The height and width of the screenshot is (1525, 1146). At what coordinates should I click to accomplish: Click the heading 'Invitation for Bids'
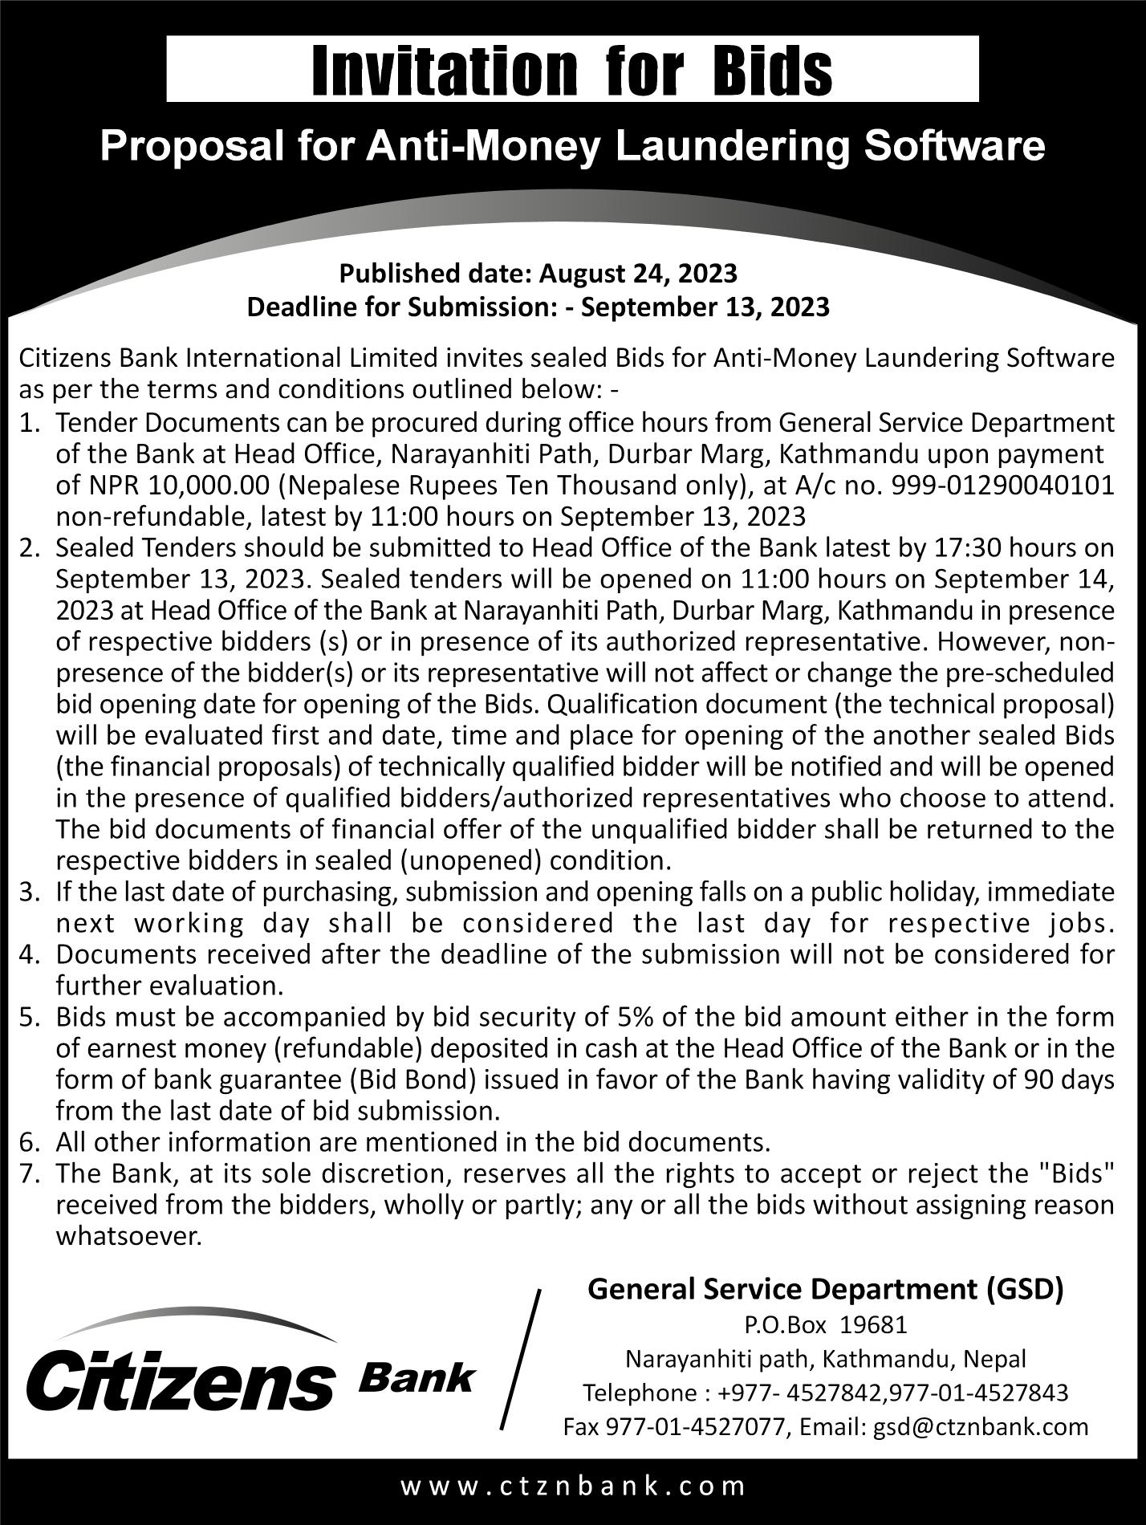coord(572,70)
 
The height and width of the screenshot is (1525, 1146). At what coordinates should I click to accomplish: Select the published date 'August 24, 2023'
coord(638,274)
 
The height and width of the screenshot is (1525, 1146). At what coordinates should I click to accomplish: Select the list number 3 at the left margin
coord(29,892)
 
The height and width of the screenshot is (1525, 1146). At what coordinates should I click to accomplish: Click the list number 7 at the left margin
coord(29,1173)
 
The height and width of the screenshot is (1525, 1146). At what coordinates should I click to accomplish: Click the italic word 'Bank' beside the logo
coord(416,1377)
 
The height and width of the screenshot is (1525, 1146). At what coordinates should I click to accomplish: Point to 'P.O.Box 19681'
coord(825,1324)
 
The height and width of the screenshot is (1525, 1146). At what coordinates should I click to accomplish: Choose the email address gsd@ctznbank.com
coord(981,1426)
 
